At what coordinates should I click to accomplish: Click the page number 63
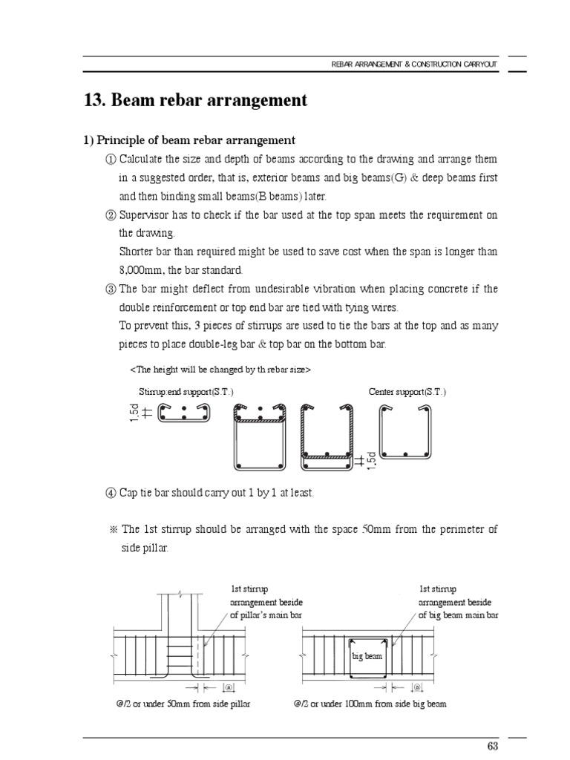pos(491,745)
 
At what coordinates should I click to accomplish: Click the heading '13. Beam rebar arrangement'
pos(196,100)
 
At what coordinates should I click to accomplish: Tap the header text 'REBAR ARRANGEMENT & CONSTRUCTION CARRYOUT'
pos(414,65)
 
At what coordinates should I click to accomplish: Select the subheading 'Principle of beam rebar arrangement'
pos(195,140)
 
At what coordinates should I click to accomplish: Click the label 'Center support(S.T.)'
pos(407,392)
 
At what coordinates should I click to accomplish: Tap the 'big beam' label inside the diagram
pos(367,657)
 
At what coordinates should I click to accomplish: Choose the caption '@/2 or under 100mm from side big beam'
pos(370,704)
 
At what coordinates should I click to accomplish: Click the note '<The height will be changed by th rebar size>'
pos(220,369)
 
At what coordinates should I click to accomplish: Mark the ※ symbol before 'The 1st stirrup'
pos(113,530)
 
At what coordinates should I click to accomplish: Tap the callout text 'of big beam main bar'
pos(458,615)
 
